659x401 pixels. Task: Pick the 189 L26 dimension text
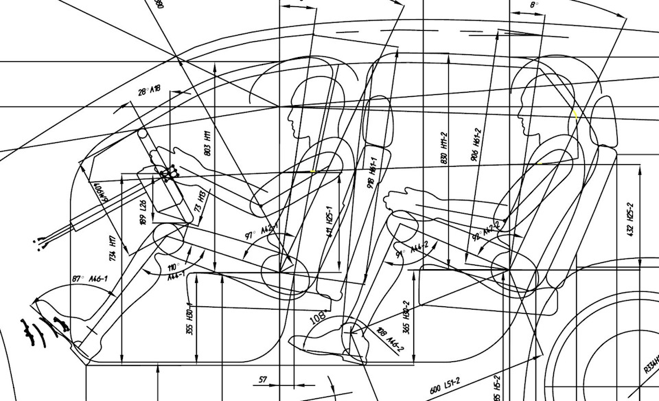click(143, 212)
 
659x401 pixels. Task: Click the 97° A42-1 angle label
click(260, 231)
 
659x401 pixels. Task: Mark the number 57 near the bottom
click(263, 379)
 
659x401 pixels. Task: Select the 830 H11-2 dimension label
click(445, 148)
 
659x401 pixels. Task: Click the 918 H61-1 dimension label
click(373, 173)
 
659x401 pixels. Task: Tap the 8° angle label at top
click(534, 5)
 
